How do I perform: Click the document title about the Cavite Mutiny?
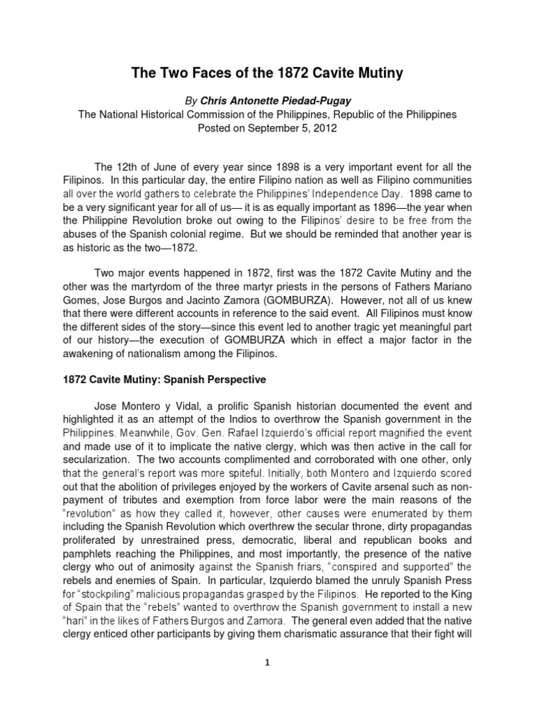[x=267, y=73]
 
